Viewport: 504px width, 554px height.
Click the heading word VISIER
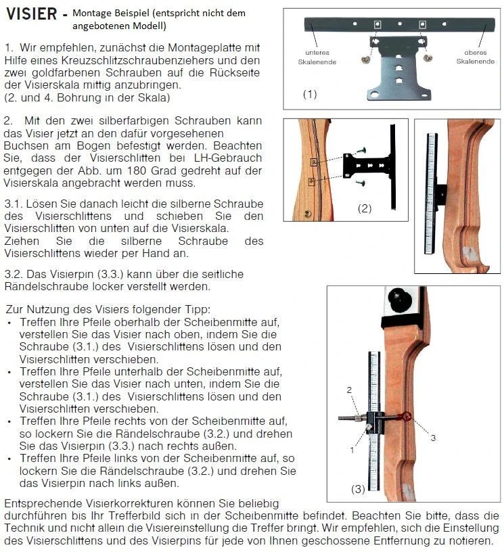pos(32,14)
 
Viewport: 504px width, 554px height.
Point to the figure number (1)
pos(309,94)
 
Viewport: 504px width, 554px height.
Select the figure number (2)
pos(365,208)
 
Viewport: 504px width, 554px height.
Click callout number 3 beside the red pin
pos(433,438)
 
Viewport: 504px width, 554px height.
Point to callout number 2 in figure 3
pos(349,390)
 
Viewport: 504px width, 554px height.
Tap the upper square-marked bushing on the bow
pos(314,162)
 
